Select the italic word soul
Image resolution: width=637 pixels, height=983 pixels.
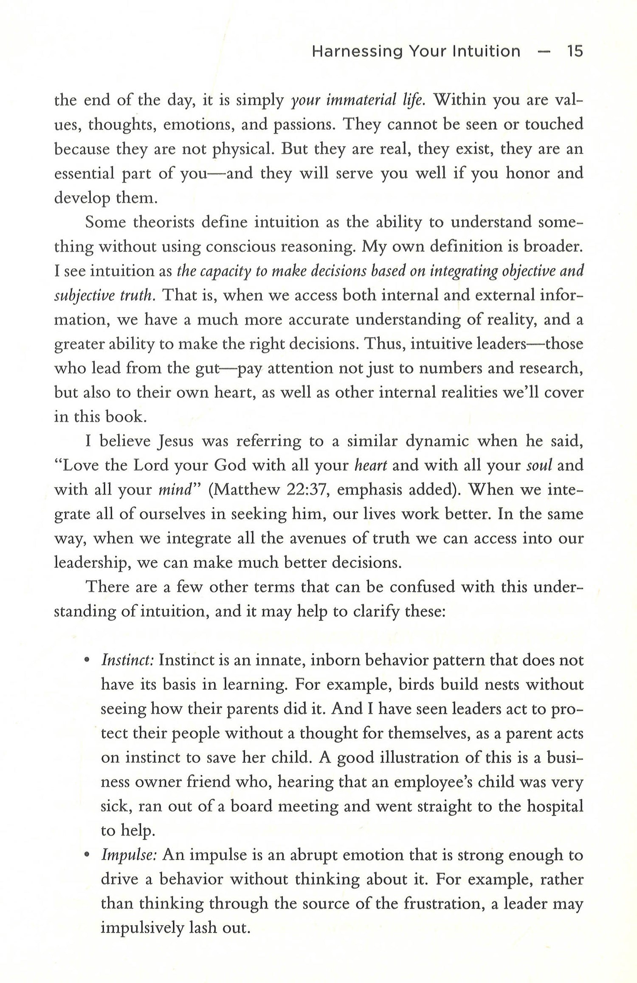[539, 465]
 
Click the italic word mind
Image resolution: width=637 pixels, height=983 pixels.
[175, 490]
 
